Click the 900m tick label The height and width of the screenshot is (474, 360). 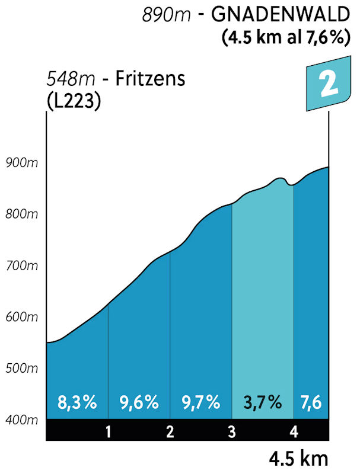coord(21,163)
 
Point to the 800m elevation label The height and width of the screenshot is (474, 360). coord(21,214)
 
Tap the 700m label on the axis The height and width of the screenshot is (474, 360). coord(21,266)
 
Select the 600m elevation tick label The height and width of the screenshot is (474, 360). coord(21,318)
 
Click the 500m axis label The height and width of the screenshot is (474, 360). coord(21,369)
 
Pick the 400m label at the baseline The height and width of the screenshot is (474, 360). coord(21,420)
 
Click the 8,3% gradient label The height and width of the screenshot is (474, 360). coord(77,403)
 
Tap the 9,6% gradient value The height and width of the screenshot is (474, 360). coord(139,403)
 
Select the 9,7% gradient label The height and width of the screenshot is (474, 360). coord(200,403)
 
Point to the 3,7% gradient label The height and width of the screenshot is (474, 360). coord(262,403)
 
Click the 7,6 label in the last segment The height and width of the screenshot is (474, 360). coord(311,403)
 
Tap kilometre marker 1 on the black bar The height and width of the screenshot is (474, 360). coord(109,431)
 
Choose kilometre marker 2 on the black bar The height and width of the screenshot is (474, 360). coord(170,431)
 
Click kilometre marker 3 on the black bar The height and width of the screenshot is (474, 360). coord(232,431)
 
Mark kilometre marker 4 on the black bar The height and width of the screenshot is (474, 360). coord(294,431)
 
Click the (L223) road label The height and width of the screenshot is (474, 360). coord(73,100)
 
